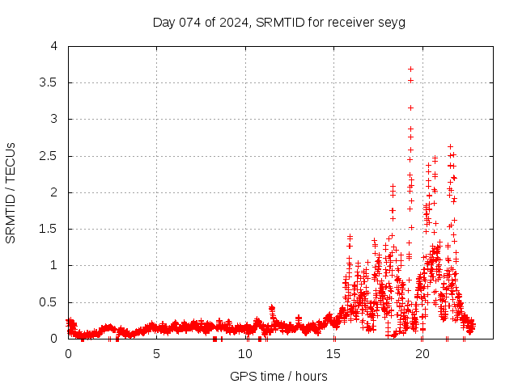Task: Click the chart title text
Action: [x=279, y=22]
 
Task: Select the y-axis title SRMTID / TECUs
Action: [x=11, y=192]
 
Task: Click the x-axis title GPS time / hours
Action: [x=278, y=376]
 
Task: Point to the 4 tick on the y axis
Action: [x=53, y=46]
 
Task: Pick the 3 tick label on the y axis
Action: [x=53, y=119]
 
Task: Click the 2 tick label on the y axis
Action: [x=53, y=192]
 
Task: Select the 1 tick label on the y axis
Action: [x=53, y=265]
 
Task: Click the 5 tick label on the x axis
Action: [x=156, y=354]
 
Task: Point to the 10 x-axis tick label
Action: [x=245, y=354]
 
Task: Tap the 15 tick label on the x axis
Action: [x=333, y=354]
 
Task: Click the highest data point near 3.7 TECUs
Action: [x=410, y=69]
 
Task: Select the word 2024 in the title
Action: [x=233, y=22]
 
